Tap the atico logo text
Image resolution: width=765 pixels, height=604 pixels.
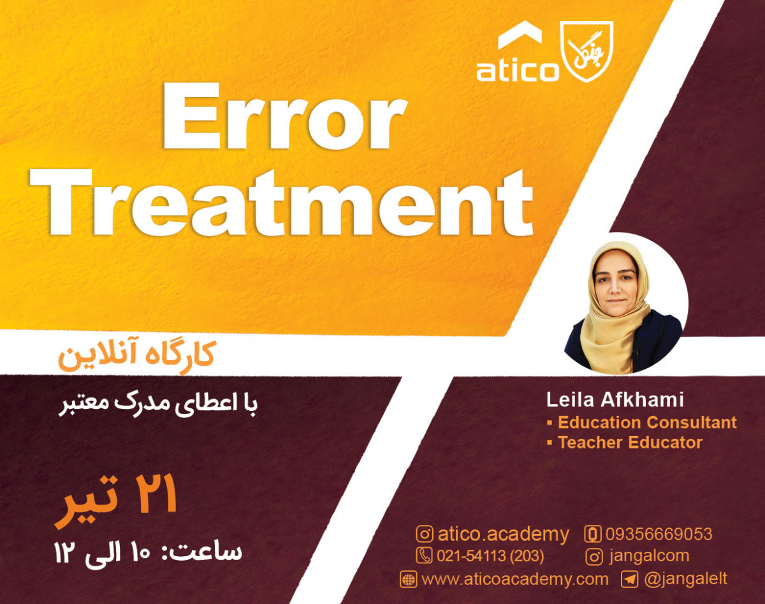point(517,70)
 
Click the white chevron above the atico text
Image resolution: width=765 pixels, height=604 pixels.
point(520,37)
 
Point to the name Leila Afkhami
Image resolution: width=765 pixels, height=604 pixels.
point(615,400)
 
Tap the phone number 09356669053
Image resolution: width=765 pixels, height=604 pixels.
point(659,534)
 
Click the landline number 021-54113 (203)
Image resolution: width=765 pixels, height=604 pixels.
point(490,556)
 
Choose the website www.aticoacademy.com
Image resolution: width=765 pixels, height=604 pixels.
point(514,579)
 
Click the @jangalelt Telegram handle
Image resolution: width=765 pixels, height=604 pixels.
point(685,579)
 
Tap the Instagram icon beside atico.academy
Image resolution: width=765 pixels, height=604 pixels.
point(425,534)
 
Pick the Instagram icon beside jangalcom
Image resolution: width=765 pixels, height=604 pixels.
point(594,556)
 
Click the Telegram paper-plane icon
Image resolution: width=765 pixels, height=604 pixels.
point(630,579)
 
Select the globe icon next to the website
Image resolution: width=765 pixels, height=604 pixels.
point(408,580)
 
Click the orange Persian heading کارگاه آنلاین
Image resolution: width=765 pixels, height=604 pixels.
point(136,356)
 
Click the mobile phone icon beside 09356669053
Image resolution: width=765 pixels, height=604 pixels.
point(594,534)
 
